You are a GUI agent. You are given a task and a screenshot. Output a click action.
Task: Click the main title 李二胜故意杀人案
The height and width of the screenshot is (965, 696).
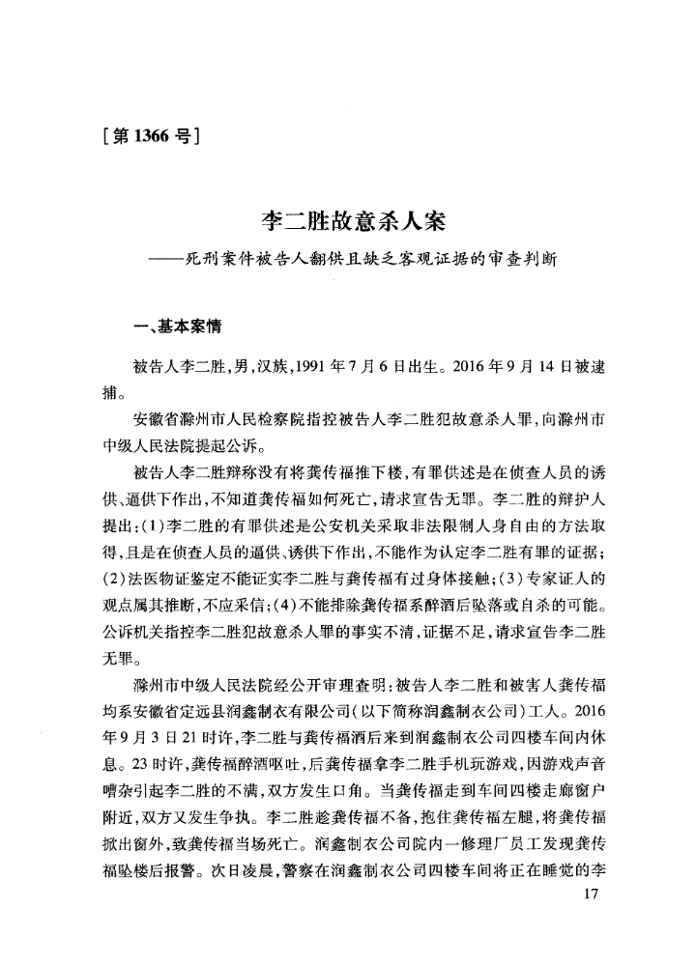pyautogui.click(x=348, y=225)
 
